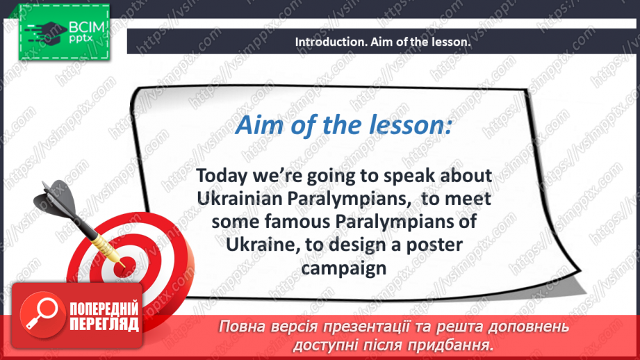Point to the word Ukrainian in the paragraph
coord(240,199)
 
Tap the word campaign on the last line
coord(344,269)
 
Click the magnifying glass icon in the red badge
coord(42,315)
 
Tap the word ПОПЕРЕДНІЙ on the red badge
coord(104,309)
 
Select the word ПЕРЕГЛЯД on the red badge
coord(104,325)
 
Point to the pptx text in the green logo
coord(81,39)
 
